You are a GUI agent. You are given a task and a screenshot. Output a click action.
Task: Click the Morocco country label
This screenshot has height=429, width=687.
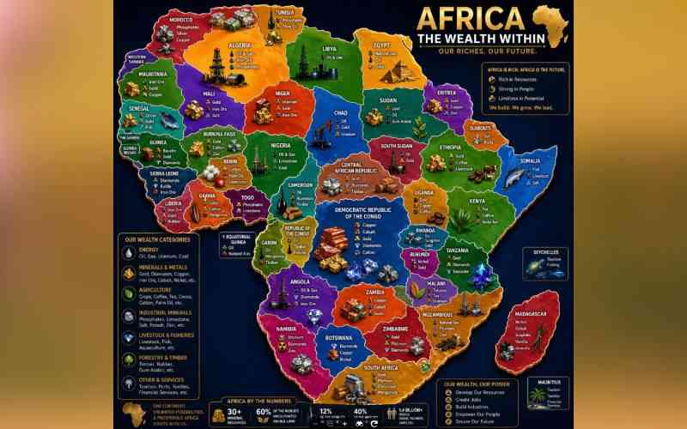pos(179,19)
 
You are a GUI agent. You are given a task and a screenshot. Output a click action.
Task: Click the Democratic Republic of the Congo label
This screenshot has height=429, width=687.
pos(355,214)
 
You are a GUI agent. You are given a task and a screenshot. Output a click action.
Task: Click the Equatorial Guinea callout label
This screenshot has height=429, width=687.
pos(237,238)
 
